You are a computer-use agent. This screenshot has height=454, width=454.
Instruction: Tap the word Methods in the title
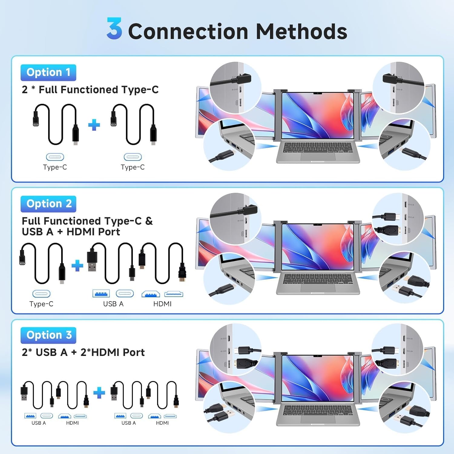[301, 31]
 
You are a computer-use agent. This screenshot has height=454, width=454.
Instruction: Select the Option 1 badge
[48, 73]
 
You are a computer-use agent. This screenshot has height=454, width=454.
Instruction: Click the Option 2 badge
[48, 204]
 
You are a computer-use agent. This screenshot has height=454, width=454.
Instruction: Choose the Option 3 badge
[48, 335]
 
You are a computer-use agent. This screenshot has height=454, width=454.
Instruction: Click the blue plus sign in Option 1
[94, 125]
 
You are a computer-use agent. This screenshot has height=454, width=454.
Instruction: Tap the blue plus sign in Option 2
[77, 265]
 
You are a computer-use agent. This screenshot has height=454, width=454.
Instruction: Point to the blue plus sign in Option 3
[99, 393]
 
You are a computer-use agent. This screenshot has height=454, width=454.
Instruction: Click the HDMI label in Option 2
[162, 304]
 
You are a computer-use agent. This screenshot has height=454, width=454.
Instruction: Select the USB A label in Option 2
[113, 304]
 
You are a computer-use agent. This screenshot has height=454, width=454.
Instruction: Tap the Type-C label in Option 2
[41, 304]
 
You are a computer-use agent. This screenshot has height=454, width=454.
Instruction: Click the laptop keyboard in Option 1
[318, 148]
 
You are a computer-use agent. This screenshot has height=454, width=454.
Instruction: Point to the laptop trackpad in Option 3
[318, 419]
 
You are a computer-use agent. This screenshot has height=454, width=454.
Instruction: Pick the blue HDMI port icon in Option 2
[151, 294]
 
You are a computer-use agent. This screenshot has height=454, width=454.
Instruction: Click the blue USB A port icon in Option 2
[101, 294]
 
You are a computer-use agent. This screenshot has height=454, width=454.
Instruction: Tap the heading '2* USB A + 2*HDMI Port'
[83, 352]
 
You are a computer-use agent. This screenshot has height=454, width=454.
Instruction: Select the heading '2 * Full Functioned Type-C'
[90, 90]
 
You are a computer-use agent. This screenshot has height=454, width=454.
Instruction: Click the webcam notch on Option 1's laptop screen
[317, 93]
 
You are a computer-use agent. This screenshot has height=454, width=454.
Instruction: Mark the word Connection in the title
[188, 31]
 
